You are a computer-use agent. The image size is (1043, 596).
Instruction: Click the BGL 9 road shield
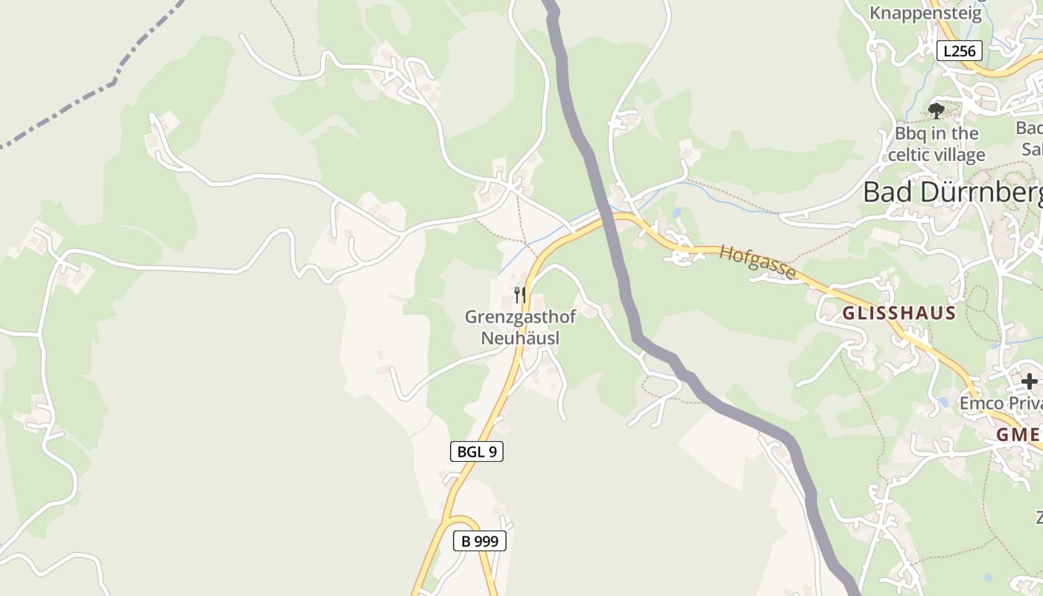click(x=477, y=451)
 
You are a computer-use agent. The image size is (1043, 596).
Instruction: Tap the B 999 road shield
click(x=480, y=541)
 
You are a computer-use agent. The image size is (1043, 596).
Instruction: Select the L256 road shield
click(x=959, y=51)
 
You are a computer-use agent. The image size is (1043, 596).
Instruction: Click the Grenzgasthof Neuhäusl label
click(x=520, y=327)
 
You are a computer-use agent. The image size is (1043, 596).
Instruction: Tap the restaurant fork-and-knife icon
click(x=519, y=294)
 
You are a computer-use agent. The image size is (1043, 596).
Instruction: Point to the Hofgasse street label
click(x=757, y=262)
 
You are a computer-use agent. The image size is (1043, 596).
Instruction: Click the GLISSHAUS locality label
click(x=898, y=313)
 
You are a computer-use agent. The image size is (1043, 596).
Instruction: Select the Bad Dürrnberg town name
click(x=952, y=192)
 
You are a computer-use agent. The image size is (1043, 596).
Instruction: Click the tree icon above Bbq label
click(x=936, y=111)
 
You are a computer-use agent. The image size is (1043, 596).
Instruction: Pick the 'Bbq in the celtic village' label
click(x=936, y=145)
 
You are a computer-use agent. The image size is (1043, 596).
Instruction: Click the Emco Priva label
click(x=1000, y=403)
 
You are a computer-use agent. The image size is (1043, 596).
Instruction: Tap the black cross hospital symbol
click(x=1029, y=381)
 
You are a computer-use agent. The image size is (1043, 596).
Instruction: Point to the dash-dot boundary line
click(x=89, y=97)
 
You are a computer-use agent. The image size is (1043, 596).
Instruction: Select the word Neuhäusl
click(x=520, y=337)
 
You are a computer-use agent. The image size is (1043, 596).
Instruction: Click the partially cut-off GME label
click(x=1019, y=435)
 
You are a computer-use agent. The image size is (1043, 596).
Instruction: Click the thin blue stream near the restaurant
click(x=514, y=258)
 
